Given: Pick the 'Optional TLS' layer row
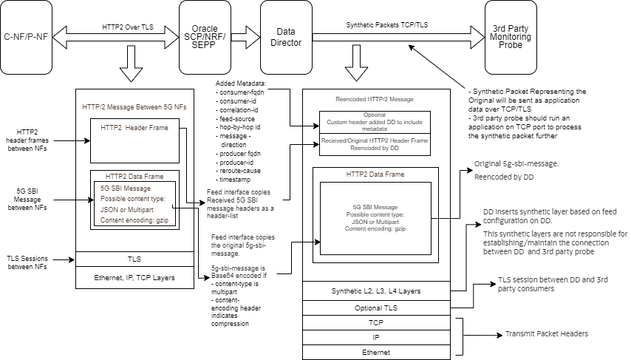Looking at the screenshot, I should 377,307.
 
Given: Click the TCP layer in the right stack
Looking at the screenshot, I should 377,322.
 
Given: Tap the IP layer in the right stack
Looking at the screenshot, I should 377,337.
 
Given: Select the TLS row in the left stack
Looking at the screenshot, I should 134,259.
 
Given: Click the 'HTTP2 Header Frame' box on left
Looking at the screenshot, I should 134,140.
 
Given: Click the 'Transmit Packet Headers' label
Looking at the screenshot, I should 546,334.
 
